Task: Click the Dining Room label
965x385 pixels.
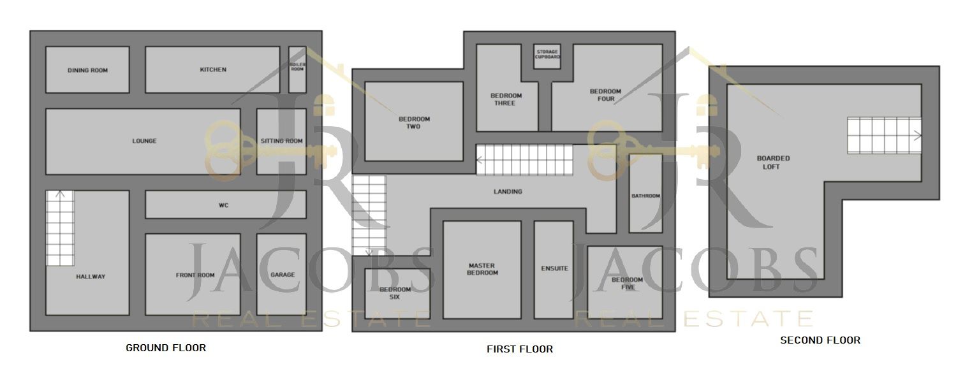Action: [87, 70]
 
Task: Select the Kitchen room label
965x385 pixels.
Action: [213, 69]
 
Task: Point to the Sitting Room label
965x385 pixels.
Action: [281, 141]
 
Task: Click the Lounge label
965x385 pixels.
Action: [144, 141]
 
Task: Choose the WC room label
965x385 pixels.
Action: [223, 205]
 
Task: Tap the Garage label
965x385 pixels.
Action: [283, 275]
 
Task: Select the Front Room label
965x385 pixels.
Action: [195, 275]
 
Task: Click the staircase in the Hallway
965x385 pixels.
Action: [60, 228]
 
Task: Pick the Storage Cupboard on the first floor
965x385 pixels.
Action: [547, 54]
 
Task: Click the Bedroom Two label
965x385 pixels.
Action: [414, 122]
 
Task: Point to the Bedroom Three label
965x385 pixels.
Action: [506, 99]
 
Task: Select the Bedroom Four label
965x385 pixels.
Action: [605, 95]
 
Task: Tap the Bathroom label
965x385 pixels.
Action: [645, 196]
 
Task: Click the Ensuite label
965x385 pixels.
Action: [554, 268]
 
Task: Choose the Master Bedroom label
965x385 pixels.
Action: [482, 269]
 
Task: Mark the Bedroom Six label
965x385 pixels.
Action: [395, 293]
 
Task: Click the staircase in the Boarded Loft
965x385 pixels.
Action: [883, 136]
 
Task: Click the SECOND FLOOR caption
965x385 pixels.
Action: [820, 340]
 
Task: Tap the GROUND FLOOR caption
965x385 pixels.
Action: [166, 347]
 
